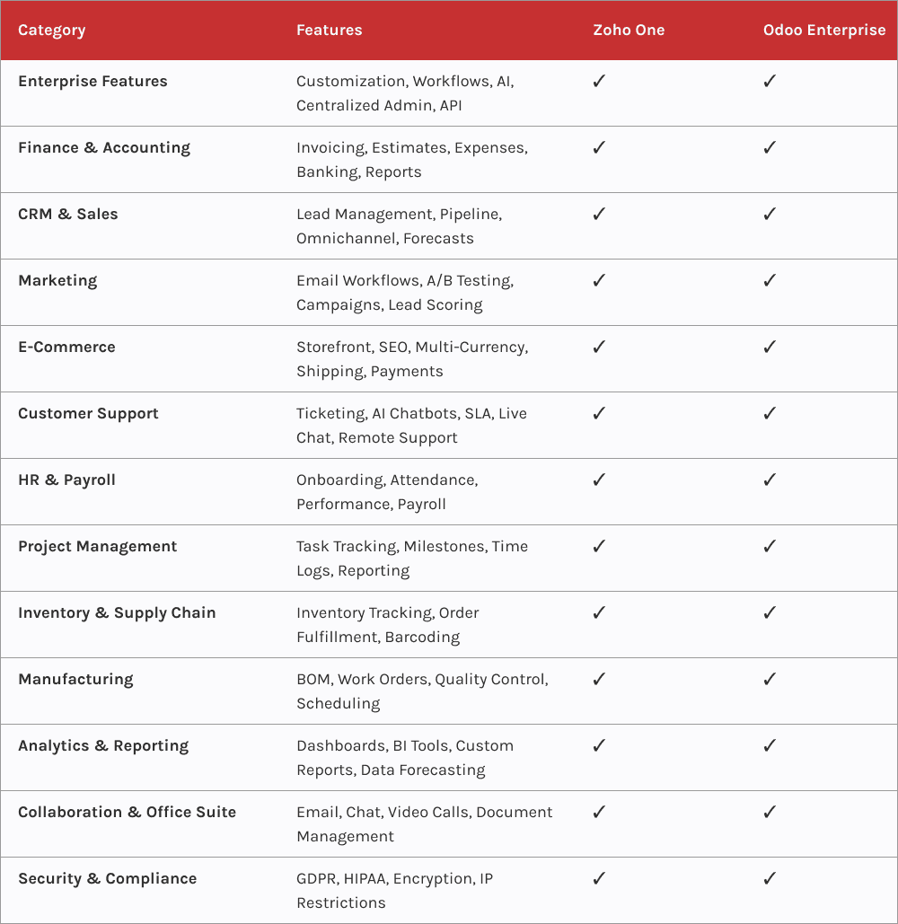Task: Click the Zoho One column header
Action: click(x=629, y=30)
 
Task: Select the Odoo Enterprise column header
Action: click(x=823, y=30)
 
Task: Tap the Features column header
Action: click(x=329, y=30)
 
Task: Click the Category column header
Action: click(x=51, y=30)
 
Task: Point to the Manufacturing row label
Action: click(x=75, y=679)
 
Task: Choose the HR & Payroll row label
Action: click(x=66, y=480)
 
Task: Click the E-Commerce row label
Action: click(x=66, y=347)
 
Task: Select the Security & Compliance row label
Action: click(x=107, y=878)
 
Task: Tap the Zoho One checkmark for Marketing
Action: click(x=599, y=280)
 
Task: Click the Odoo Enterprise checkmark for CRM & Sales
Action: click(x=770, y=214)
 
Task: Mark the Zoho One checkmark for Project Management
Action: click(x=599, y=546)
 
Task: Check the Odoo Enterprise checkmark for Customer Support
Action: click(x=770, y=413)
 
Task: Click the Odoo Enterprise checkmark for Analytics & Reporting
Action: click(x=770, y=745)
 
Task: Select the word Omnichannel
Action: click(x=345, y=238)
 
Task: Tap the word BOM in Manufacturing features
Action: click(x=313, y=679)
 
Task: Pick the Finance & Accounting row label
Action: click(x=104, y=147)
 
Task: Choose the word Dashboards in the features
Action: click(x=340, y=745)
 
